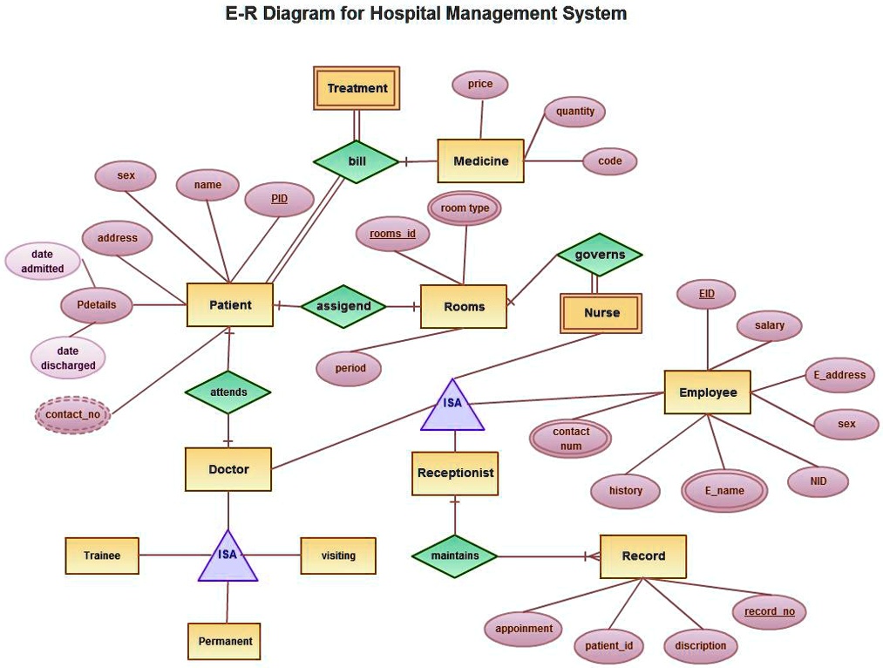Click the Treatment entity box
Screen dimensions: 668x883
click(357, 88)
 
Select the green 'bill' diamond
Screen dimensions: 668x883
click(357, 161)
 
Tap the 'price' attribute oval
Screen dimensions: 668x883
click(479, 85)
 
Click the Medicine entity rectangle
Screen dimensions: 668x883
click(480, 160)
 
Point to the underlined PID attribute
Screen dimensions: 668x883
click(279, 199)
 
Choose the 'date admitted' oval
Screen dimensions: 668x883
click(43, 262)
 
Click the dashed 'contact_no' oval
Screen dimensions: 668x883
click(72, 415)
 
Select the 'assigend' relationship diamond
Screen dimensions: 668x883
click(343, 306)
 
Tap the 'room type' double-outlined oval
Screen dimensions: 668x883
click(465, 208)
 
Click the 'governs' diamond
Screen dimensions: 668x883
click(600, 255)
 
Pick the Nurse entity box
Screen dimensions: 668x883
click(601, 313)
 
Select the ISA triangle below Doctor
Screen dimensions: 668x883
click(228, 558)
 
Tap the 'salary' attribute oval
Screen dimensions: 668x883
click(769, 325)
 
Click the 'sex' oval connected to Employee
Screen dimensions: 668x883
click(846, 424)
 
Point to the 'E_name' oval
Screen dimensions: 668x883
click(724, 491)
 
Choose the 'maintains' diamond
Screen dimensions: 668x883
click(455, 556)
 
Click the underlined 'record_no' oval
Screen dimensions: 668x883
click(769, 611)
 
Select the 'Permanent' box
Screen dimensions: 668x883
click(225, 641)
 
